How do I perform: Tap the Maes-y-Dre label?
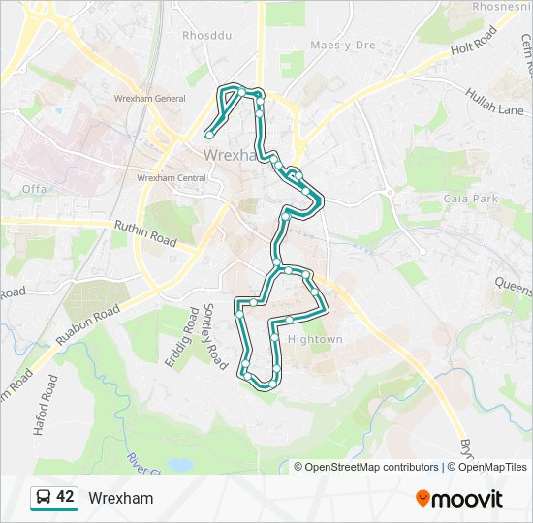point(342,46)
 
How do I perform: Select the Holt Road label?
point(473,42)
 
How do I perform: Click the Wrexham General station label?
point(149,99)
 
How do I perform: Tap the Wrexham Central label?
point(172,178)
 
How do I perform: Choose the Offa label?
point(34,188)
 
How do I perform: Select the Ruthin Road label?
point(145,232)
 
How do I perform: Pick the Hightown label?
point(315,340)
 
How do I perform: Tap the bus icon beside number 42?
point(44,498)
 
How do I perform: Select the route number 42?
point(65,497)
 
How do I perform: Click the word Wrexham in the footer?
point(120,498)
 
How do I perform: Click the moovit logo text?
point(468,499)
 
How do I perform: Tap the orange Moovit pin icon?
point(423,499)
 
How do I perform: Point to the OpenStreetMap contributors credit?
point(371,467)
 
